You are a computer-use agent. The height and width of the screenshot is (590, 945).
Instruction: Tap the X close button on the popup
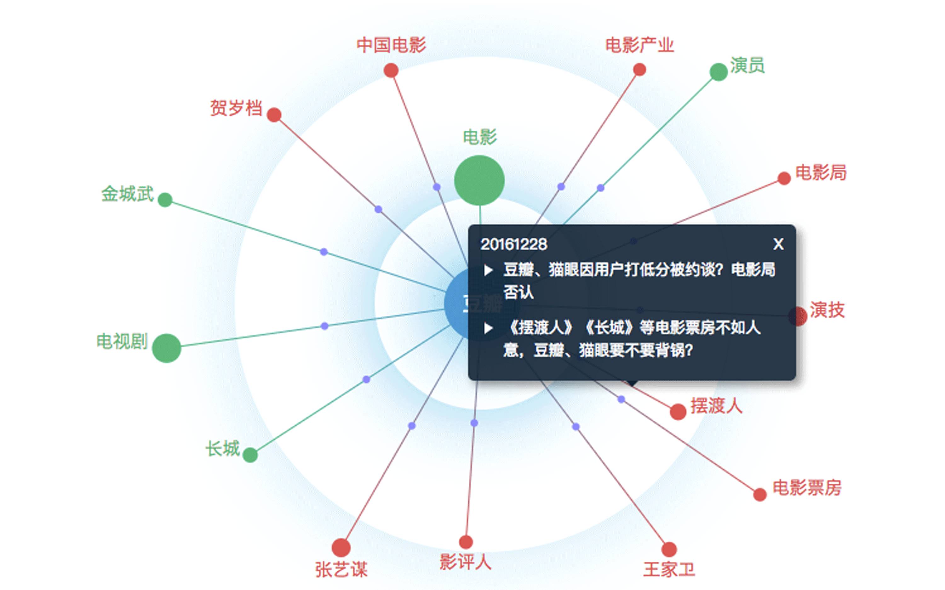[x=778, y=244]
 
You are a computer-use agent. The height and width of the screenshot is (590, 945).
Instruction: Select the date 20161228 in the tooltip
[x=514, y=245]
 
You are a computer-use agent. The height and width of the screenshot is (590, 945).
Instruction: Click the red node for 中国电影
[x=391, y=71]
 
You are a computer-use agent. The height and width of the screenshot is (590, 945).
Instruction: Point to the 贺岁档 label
[x=236, y=108]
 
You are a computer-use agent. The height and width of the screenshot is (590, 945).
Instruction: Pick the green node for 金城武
[x=165, y=200]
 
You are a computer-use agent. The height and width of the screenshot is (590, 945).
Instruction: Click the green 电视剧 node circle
[x=166, y=348]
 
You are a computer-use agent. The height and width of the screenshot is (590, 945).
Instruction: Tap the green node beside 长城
[x=250, y=455]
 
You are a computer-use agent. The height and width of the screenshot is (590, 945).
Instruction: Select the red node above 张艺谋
[x=341, y=547]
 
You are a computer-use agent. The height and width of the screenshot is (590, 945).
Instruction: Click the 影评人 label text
[x=465, y=562]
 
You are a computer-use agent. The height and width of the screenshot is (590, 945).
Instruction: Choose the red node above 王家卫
[x=669, y=549]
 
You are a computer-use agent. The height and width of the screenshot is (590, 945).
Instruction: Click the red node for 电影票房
[x=759, y=494]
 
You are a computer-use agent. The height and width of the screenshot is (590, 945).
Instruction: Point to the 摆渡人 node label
[x=716, y=406]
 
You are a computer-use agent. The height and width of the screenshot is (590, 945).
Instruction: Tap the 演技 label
[x=827, y=310]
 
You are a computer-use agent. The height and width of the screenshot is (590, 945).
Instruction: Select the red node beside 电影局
[x=784, y=178]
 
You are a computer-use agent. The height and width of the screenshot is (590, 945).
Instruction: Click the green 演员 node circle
[x=718, y=72]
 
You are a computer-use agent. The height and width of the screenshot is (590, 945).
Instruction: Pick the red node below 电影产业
[x=639, y=70]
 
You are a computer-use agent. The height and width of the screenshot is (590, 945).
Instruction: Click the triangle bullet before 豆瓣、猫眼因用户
[x=488, y=270]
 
